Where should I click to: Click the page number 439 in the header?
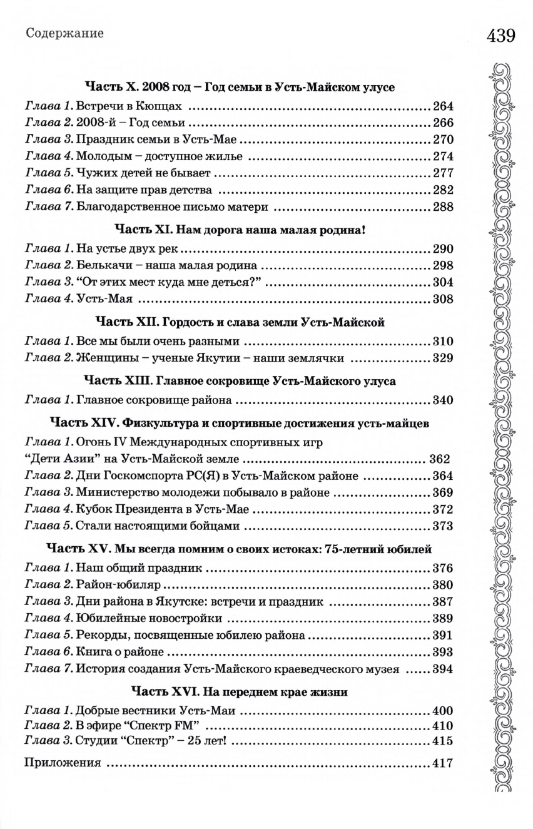click(500, 35)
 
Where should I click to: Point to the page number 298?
click(442, 265)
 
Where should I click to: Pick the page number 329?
click(442, 359)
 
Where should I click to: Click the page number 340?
click(442, 400)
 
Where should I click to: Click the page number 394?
click(442, 669)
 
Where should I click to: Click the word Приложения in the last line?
click(62, 764)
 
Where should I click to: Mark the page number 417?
click(442, 764)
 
